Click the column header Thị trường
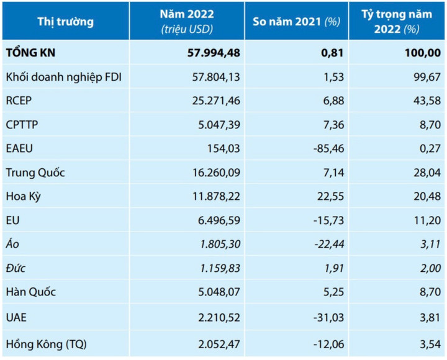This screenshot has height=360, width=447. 65,22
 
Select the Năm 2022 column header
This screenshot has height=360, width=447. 186,21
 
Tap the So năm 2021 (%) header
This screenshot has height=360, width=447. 296,22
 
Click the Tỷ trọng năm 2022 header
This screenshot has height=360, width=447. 397,21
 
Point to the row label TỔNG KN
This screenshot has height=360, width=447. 31,53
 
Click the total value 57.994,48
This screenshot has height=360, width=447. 214,53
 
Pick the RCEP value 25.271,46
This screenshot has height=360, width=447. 214,101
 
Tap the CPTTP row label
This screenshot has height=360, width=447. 22,125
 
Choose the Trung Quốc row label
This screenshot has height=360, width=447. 35,173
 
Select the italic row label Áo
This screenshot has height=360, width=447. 12,245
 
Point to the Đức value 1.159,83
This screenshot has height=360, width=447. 217,268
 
